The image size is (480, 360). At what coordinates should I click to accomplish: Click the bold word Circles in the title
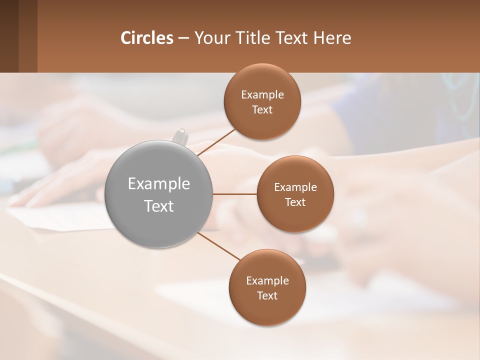pos(146,37)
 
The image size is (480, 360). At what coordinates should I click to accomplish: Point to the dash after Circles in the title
pos(183,38)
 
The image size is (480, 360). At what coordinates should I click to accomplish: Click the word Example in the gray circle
pos(159,184)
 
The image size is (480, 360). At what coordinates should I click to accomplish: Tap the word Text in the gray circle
pos(159,206)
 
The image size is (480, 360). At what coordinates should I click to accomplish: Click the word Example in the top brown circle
pos(262,95)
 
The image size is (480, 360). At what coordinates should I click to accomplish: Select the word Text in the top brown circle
pos(262,110)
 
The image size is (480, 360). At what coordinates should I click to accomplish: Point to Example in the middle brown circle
pos(295,187)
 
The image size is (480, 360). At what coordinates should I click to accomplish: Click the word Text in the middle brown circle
pos(295,202)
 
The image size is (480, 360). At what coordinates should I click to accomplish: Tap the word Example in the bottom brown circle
pos(267,281)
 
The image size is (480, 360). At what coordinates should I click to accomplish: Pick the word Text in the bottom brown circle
pos(267,296)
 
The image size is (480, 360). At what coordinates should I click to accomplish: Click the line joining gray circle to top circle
pos(216,142)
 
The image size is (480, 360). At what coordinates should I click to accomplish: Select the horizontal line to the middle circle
pos(234,194)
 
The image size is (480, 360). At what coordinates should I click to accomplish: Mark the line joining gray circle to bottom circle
pos(219,245)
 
